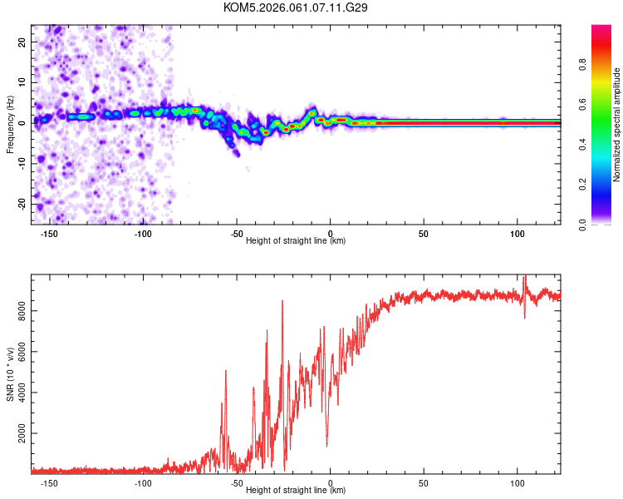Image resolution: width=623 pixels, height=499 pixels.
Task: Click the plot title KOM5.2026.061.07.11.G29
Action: [296, 7]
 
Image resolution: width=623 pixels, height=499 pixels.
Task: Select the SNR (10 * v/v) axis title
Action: [11, 374]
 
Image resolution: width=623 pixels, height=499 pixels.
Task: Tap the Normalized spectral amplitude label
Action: [617, 125]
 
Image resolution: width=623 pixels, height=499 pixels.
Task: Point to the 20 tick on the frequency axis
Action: [23, 41]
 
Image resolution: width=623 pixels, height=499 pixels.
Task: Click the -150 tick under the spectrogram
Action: [49, 234]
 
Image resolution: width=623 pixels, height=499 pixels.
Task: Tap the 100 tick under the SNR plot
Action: [518, 482]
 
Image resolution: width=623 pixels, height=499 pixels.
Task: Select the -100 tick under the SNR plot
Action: [143, 482]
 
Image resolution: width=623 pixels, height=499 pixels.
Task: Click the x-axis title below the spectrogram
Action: [296, 241]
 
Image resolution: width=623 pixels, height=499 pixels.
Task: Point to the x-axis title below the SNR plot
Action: [296, 491]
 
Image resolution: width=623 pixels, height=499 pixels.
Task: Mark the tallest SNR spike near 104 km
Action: [525, 276]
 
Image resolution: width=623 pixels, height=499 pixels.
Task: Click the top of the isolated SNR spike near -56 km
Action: [226, 371]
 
